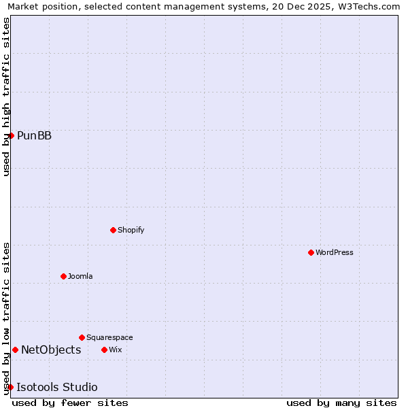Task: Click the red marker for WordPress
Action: [311, 252]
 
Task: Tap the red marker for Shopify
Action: [113, 230]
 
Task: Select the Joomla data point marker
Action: [63, 276]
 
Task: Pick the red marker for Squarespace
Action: [82, 337]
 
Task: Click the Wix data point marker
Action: [104, 350]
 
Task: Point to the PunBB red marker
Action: [12, 135]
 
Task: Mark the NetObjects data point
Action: [15, 350]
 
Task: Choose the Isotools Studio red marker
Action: [10, 387]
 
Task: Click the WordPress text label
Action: [334, 252]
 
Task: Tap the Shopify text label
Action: [131, 230]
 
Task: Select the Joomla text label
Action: [80, 276]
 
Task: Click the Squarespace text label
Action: [109, 337]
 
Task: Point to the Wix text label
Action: [115, 350]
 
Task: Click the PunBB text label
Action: [34, 135]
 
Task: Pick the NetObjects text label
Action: [51, 350]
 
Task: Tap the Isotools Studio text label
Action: [56, 387]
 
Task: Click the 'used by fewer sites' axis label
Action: [70, 403]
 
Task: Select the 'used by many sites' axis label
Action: [341, 403]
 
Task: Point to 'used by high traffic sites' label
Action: [7, 97]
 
